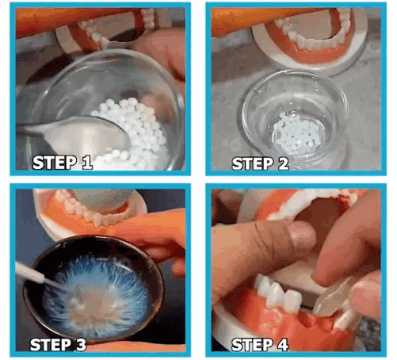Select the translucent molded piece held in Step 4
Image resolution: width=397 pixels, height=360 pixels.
(333, 301)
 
